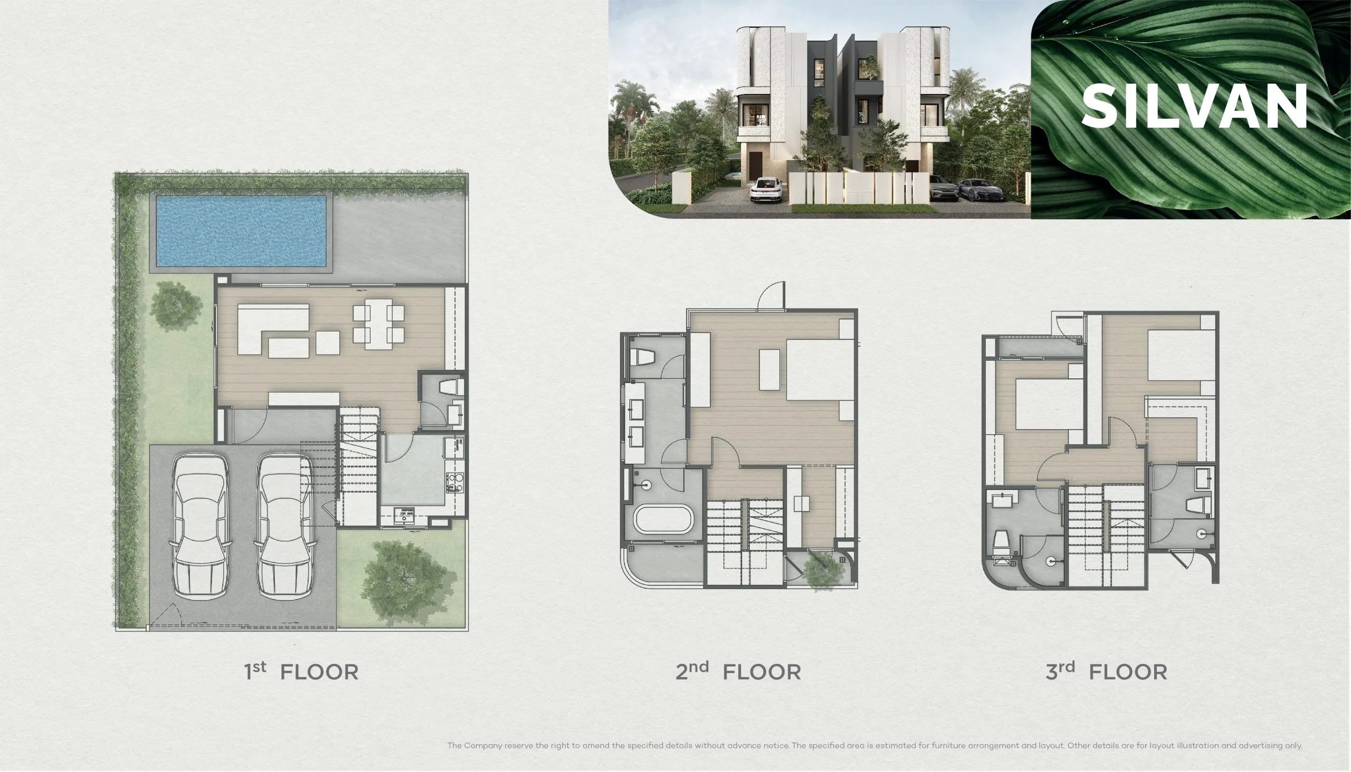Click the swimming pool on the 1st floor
point(241,231)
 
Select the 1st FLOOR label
point(301,671)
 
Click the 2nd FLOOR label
point(738,671)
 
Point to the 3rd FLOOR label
point(1107,671)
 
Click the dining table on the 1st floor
point(378,324)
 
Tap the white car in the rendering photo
point(767,190)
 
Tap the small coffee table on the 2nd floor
point(769,369)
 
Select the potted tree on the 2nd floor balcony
point(823,570)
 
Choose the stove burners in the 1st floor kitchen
point(454,482)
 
